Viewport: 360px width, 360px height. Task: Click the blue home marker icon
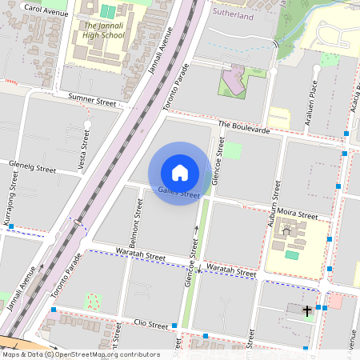point(180,172)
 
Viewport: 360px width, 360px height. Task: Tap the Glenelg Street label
point(32,170)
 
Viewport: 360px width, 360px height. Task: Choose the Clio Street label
point(153,326)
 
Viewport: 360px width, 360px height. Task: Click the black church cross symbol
point(307,309)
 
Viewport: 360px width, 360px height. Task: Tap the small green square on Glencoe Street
point(232,150)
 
